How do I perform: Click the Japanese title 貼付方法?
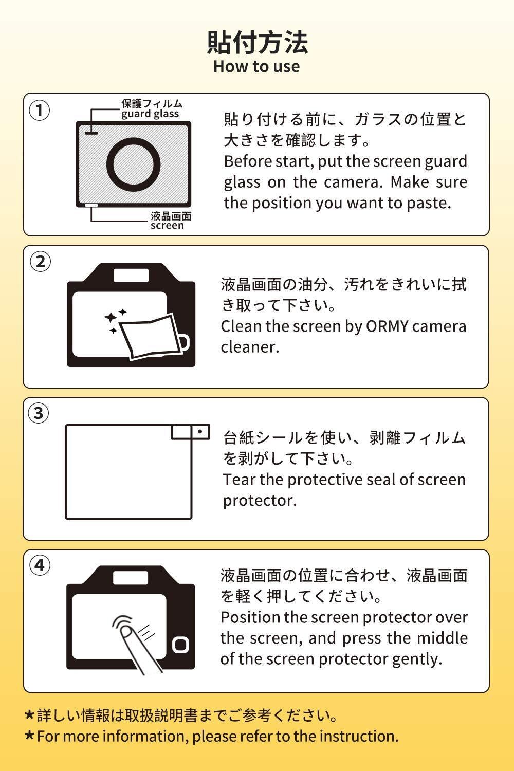257,42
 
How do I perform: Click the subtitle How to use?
256,66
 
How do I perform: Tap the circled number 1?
39,111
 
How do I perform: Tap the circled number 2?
40,262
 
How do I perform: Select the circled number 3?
39,413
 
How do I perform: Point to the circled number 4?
40,565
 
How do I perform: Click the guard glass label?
150,114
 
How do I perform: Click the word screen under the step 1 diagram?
168,226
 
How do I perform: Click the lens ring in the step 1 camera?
133,138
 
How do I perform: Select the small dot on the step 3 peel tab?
200,431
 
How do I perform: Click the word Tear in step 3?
240,480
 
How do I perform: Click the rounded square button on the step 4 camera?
180,645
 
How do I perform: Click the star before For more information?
30,736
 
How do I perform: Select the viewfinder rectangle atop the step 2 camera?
131,276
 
